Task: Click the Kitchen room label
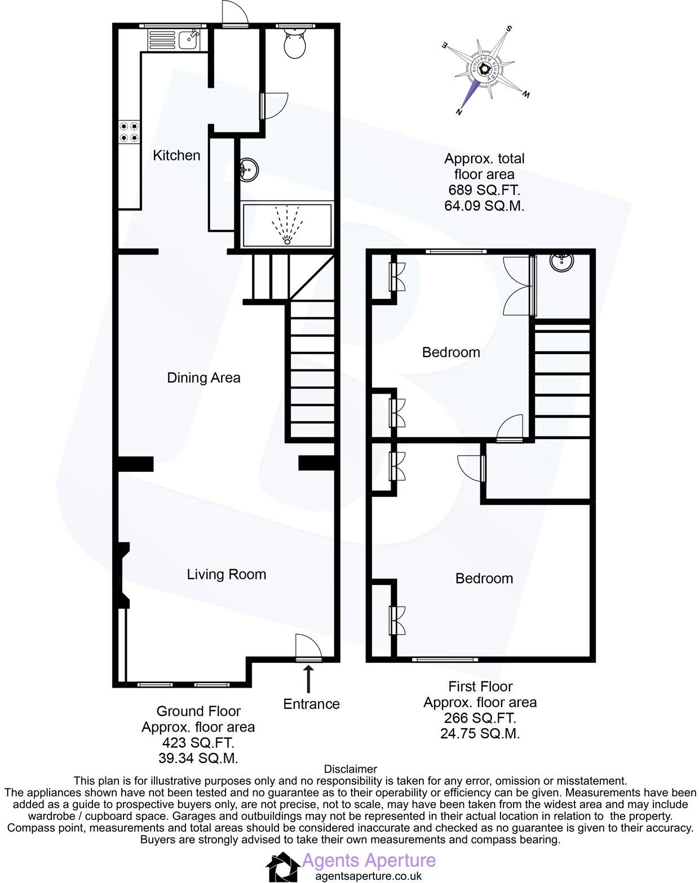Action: (x=176, y=155)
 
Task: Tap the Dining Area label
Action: (x=203, y=377)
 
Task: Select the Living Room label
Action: (x=226, y=574)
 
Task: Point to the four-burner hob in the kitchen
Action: (x=129, y=132)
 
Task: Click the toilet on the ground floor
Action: (x=295, y=44)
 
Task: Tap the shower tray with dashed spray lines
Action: (x=287, y=225)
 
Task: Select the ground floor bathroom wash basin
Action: (x=248, y=168)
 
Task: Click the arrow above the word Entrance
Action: (x=308, y=679)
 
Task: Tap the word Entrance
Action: (x=311, y=704)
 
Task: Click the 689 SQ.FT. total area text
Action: (x=484, y=190)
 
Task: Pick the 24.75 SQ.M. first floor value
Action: (x=480, y=734)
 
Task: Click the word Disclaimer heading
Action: (x=350, y=769)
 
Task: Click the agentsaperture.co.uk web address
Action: (x=368, y=876)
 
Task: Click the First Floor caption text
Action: (x=480, y=686)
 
